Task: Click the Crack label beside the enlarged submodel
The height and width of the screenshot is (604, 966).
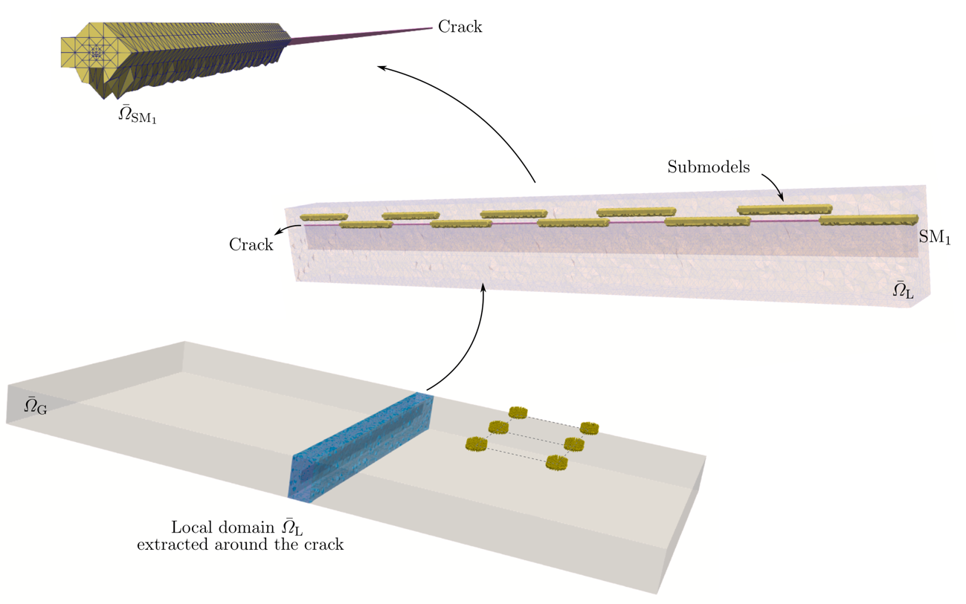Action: (460, 27)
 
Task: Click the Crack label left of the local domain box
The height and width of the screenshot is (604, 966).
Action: (251, 245)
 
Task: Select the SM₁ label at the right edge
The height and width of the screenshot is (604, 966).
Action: (935, 238)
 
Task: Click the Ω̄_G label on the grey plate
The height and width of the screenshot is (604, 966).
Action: (35, 406)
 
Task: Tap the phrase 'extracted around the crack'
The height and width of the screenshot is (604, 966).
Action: (239, 545)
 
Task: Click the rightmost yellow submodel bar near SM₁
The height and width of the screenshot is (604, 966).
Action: (868, 220)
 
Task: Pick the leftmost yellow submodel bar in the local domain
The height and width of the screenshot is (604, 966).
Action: (323, 217)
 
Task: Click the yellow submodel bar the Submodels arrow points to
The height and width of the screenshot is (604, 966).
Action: (785, 210)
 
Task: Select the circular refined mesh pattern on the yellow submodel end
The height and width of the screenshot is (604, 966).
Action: (95, 53)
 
